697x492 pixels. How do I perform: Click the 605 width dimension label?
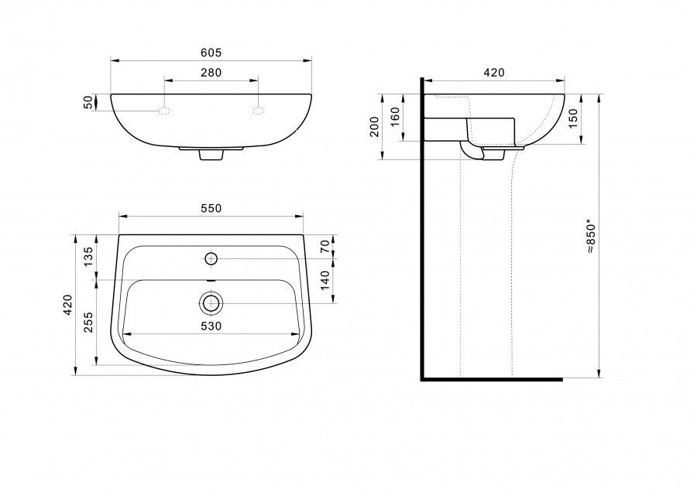[x=211, y=53]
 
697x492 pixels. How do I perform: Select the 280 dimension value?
[x=211, y=73]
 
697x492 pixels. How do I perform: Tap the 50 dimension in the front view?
[x=89, y=102]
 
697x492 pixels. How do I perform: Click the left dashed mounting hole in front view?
[x=164, y=111]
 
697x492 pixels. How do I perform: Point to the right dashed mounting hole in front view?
[x=258, y=111]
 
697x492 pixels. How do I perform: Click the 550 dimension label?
[x=211, y=208]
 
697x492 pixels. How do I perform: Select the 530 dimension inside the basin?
[x=211, y=326]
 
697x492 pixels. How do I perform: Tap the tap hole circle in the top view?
[x=211, y=258]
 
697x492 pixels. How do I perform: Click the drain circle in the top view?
[x=211, y=303]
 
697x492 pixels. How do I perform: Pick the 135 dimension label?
[x=88, y=256]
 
